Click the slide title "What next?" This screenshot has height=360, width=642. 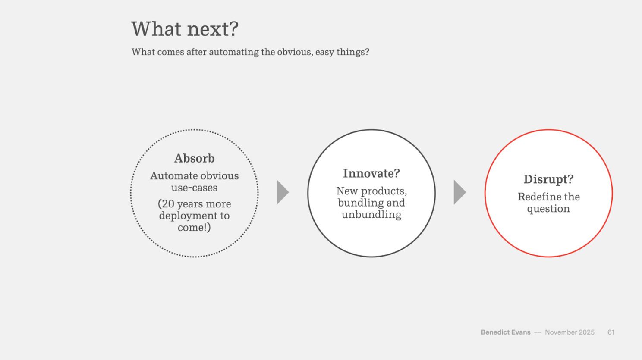(185, 29)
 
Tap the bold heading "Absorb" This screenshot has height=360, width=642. (194, 158)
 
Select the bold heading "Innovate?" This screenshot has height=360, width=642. (371, 173)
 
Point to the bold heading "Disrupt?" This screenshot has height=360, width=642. (548, 180)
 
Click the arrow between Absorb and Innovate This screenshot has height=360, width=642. (283, 192)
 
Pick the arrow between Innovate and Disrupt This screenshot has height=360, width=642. (460, 192)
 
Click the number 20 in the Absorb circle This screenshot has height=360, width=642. (168, 204)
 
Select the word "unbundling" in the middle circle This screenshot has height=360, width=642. (371, 215)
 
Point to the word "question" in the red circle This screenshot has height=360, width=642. (548, 209)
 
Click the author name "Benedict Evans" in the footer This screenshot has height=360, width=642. (506, 332)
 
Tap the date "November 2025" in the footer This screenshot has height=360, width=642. (570, 332)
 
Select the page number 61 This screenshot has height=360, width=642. (611, 332)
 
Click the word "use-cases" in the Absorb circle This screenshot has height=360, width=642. (194, 188)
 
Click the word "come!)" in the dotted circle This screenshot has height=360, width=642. (194, 228)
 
